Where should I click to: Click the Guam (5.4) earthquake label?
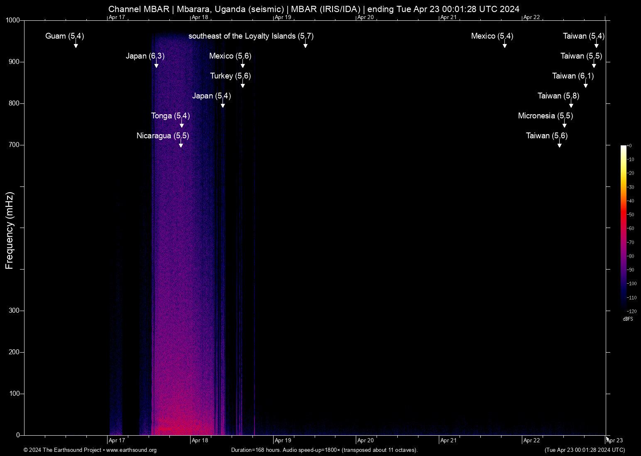[64, 36]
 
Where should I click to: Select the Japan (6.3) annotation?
[145, 56]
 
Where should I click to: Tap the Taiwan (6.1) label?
[572, 76]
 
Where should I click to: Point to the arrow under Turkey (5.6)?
[242, 85]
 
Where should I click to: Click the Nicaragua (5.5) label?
[163, 136]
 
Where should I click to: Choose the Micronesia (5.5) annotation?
[545, 116]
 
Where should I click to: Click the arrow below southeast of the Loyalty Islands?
[305, 45]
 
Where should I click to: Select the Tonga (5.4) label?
[170, 116]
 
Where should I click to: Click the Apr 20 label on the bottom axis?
[365, 441]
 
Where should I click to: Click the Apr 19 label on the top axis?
[283, 17]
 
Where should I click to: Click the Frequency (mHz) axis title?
[10, 230]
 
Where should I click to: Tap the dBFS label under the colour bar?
[628, 319]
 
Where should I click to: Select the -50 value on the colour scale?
[631, 215]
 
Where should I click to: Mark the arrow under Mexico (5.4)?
[504, 45]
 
